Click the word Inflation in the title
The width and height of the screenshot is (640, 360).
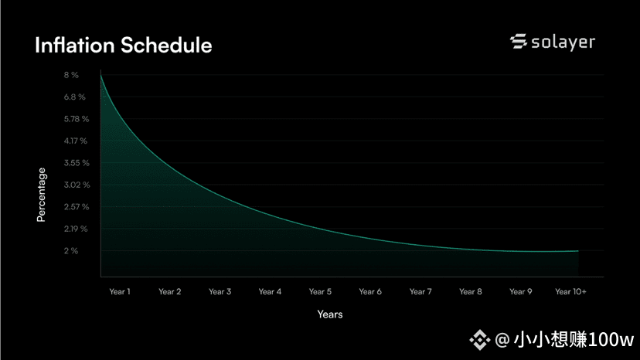(75, 45)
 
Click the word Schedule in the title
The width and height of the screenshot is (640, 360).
(166, 45)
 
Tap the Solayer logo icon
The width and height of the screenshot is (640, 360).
(519, 41)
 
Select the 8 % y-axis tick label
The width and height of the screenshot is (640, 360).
(71, 75)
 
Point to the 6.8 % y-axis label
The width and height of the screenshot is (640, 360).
(75, 97)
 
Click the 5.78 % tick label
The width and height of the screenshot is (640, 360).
(77, 119)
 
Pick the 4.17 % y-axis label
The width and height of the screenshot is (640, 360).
(76, 141)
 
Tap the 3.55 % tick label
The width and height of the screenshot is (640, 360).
(77, 163)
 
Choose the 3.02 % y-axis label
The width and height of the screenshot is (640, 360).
(77, 185)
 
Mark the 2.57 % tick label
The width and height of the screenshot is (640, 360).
(77, 207)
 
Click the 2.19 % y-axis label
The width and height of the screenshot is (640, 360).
(76, 229)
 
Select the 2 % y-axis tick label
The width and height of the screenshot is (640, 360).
(70, 251)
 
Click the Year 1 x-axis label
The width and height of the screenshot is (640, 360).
(120, 292)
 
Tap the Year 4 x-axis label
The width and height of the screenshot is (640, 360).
(270, 292)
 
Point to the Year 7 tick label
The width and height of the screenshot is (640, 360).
(420, 292)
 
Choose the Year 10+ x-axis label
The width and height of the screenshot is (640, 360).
(570, 292)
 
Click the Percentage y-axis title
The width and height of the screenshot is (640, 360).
(41, 195)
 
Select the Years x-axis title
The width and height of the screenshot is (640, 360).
(330, 314)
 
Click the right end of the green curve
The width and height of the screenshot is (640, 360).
(578, 251)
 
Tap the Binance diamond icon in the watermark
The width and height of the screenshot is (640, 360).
(479, 340)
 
